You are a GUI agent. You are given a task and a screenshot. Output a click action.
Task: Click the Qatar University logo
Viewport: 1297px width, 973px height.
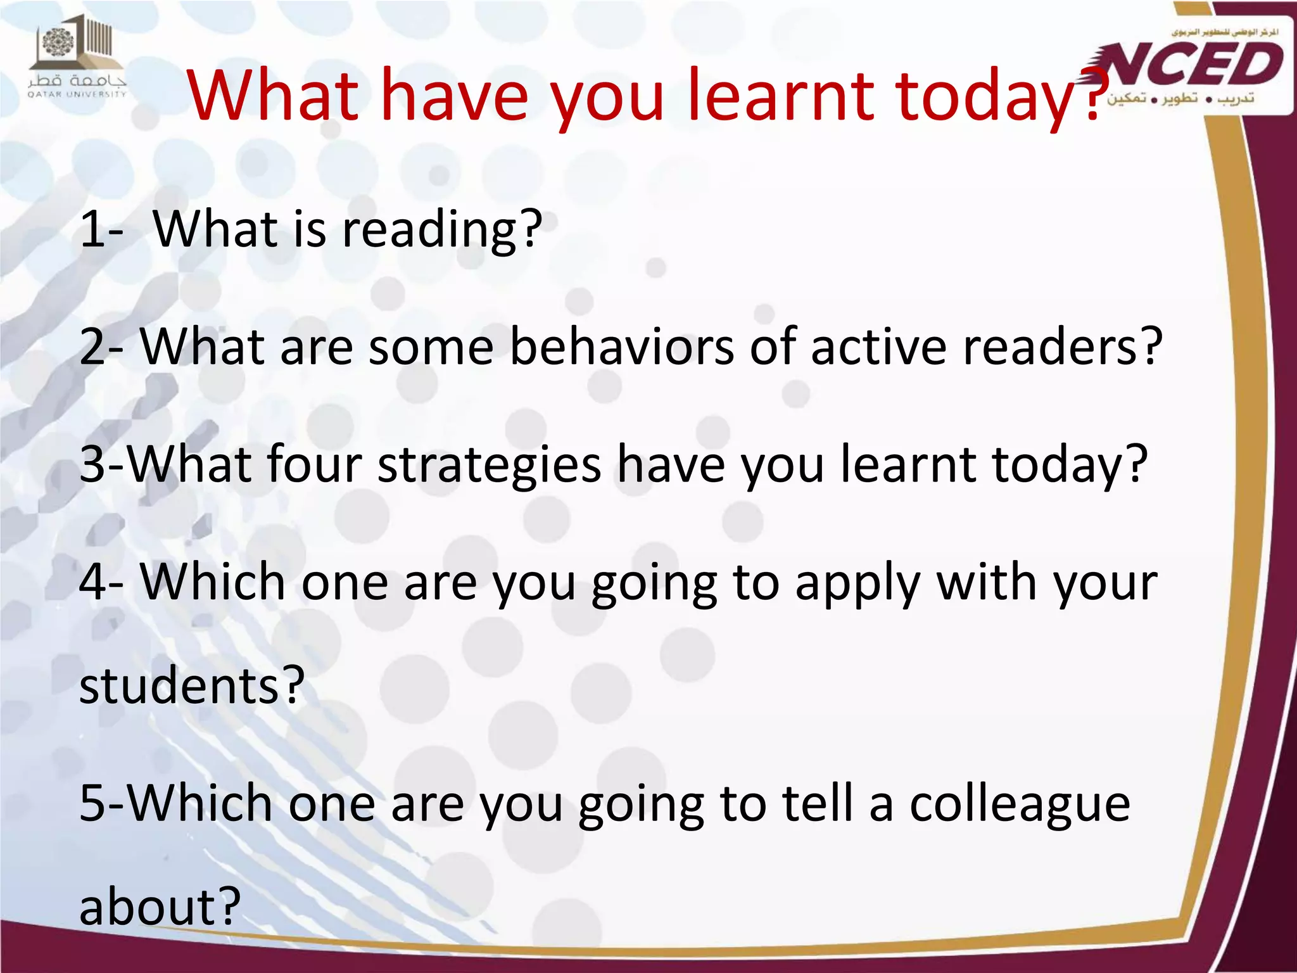(77, 58)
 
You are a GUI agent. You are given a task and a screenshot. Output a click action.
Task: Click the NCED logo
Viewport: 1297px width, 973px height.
(1194, 67)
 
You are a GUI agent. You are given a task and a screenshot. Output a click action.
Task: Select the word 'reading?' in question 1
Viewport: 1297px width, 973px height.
(441, 229)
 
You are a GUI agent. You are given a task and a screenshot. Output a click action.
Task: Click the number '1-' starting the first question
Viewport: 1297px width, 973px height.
(101, 229)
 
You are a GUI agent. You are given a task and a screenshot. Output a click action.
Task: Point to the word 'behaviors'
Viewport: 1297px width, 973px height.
(621, 347)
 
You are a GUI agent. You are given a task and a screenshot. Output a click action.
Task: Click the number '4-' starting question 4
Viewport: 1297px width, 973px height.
(101, 583)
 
